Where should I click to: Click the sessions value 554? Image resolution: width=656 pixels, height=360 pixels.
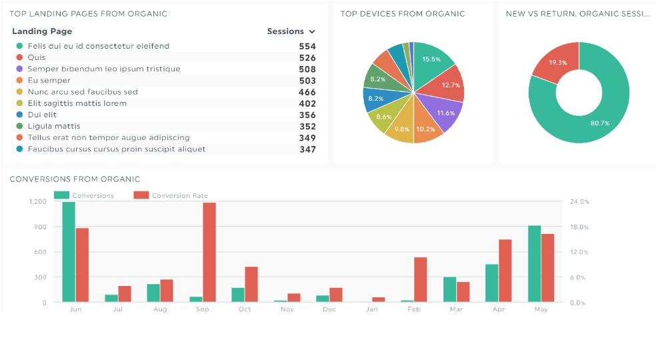coord(307,47)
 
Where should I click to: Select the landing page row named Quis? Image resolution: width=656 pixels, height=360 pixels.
coord(37,58)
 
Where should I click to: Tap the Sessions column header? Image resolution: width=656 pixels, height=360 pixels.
coord(285,31)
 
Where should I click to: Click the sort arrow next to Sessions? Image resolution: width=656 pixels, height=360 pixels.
coord(312,32)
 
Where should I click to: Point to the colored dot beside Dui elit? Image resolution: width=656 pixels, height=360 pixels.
coord(20,115)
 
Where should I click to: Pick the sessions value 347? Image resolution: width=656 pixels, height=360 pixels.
coord(307,149)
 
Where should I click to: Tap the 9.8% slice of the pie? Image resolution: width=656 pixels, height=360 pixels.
coord(401,129)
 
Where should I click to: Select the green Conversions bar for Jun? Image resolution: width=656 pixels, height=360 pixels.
coord(69,252)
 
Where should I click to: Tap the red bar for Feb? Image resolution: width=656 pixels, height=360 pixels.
coord(420,280)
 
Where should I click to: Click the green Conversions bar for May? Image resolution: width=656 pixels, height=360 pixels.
coord(535,264)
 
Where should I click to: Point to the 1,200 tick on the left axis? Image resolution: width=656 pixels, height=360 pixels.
coord(37,201)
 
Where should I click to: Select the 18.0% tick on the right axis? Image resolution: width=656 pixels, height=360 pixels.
coord(579,227)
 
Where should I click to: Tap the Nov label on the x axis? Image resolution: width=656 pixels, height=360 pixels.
coord(287,309)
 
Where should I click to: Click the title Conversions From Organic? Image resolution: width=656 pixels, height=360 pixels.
coord(75,179)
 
